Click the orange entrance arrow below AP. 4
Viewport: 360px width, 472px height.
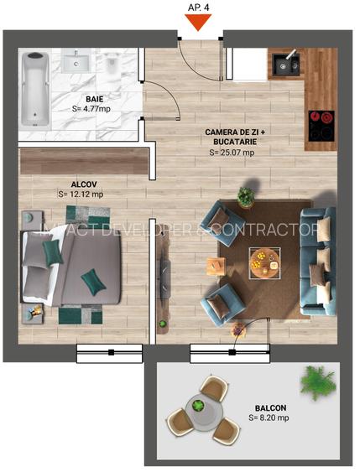tap(199, 23)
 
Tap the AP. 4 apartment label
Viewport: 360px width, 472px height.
tap(199, 7)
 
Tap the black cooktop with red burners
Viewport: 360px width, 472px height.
tap(321, 127)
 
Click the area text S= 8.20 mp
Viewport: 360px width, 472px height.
tap(269, 417)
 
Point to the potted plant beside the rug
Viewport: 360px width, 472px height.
tap(245, 197)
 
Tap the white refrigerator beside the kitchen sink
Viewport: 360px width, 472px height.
tap(249, 64)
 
